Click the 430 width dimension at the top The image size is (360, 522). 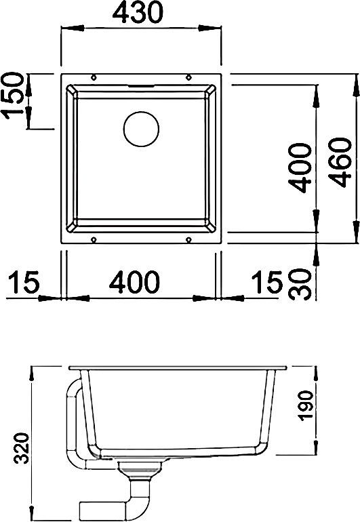click(142, 12)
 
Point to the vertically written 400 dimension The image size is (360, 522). click(299, 168)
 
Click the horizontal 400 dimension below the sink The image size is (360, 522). click(139, 282)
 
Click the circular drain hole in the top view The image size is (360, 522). click(140, 128)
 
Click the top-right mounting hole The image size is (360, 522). click(188, 77)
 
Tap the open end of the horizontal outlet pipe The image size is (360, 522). click(83, 509)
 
